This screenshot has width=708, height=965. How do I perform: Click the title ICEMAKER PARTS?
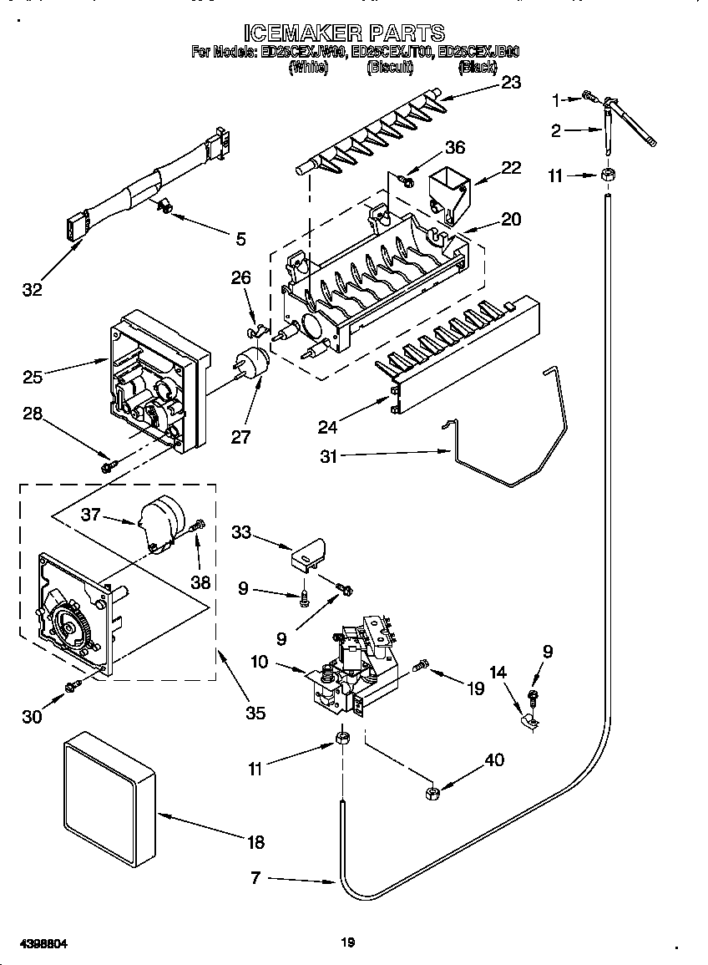[x=344, y=33]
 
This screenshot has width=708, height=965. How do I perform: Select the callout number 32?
[x=32, y=290]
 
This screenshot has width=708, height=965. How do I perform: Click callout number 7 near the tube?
[x=255, y=877]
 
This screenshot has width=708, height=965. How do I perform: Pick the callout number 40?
[x=494, y=759]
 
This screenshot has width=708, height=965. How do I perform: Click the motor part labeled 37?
[x=161, y=521]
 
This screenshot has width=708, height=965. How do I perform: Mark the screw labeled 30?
[x=73, y=686]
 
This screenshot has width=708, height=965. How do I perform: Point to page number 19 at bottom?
[x=348, y=942]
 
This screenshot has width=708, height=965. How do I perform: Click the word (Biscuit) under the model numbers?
[x=390, y=69]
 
